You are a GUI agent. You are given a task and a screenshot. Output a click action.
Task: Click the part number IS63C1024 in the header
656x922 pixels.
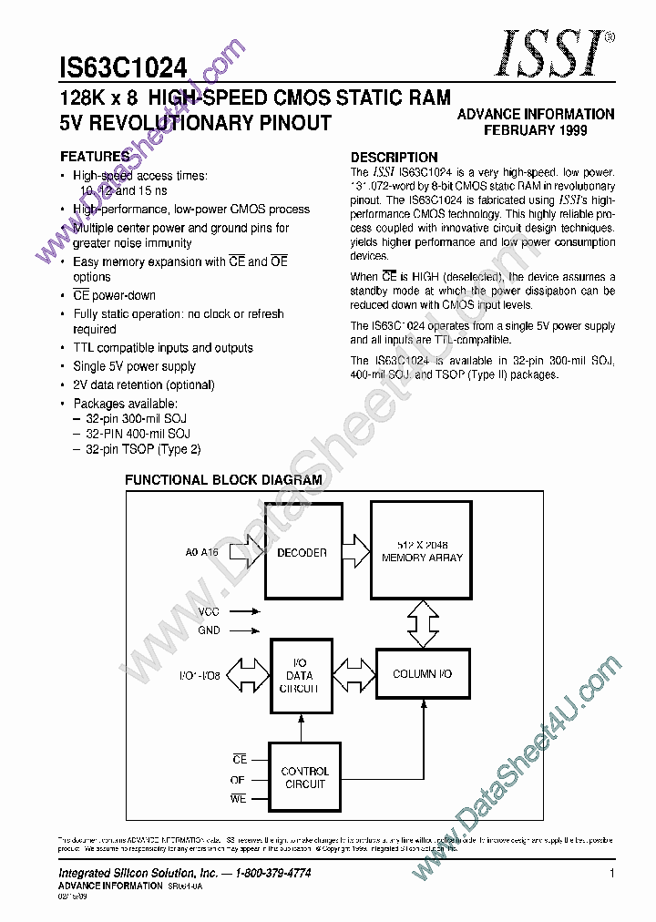(x=123, y=68)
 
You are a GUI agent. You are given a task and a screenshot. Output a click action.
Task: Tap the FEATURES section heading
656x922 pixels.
(x=95, y=157)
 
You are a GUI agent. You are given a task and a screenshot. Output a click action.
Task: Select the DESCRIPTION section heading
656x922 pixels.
(x=394, y=157)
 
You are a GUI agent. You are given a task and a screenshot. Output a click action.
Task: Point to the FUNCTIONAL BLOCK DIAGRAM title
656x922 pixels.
(x=223, y=480)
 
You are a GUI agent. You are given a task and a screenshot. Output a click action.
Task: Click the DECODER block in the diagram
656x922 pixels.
(x=301, y=552)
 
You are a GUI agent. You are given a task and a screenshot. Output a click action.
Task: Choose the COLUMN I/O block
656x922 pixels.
(x=422, y=674)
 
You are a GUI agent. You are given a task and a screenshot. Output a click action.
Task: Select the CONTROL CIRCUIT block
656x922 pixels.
(x=304, y=777)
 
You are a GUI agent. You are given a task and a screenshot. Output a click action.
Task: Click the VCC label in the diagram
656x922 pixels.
(x=208, y=612)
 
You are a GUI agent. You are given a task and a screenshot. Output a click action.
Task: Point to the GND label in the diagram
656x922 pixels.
(x=209, y=630)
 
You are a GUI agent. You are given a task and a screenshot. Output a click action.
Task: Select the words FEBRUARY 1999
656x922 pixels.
(x=535, y=130)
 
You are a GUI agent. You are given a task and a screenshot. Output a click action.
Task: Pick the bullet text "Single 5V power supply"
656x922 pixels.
(x=134, y=366)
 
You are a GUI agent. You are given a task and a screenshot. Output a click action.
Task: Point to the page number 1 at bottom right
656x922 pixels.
(x=612, y=874)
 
